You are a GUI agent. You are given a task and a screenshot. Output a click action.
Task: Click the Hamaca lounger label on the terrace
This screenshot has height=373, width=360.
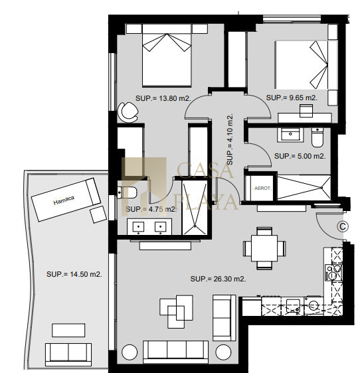(x=64, y=200)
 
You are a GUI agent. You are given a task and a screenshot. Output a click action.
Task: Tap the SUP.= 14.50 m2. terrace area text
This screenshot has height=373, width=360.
(x=74, y=274)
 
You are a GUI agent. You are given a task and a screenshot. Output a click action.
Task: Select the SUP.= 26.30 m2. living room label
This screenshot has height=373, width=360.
(x=218, y=279)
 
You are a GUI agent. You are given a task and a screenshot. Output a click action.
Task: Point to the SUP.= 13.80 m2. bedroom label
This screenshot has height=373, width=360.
(x=163, y=98)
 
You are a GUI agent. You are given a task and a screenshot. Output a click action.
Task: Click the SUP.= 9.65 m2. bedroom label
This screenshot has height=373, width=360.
(x=292, y=98)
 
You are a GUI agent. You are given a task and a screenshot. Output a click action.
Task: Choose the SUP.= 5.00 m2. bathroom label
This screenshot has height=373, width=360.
(x=300, y=156)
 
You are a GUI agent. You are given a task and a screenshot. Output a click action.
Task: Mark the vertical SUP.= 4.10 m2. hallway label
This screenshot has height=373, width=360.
(x=230, y=139)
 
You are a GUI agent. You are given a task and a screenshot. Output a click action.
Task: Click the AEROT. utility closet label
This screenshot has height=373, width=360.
(x=263, y=188)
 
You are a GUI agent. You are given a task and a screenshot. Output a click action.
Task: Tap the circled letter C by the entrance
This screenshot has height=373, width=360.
(x=343, y=226)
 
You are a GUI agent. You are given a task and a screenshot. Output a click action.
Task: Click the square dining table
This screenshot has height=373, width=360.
(x=264, y=248)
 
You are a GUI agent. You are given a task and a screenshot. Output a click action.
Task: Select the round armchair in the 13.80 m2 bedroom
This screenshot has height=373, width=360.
(x=128, y=112)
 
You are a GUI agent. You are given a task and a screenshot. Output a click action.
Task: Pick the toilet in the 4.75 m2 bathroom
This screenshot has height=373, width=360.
(x=127, y=192)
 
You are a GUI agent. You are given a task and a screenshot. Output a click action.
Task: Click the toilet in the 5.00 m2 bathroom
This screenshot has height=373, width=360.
(x=317, y=137)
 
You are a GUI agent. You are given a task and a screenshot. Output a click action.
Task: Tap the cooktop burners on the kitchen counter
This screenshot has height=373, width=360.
(x=333, y=272)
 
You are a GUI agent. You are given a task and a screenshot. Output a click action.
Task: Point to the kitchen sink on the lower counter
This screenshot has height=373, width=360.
(x=293, y=305)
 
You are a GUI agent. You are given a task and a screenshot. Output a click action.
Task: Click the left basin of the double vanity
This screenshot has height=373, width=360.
(x=138, y=227)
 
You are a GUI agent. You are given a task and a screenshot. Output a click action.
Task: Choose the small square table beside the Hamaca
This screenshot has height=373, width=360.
(x=98, y=214)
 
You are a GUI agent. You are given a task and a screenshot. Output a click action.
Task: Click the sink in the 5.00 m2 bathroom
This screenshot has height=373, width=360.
(x=290, y=135)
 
